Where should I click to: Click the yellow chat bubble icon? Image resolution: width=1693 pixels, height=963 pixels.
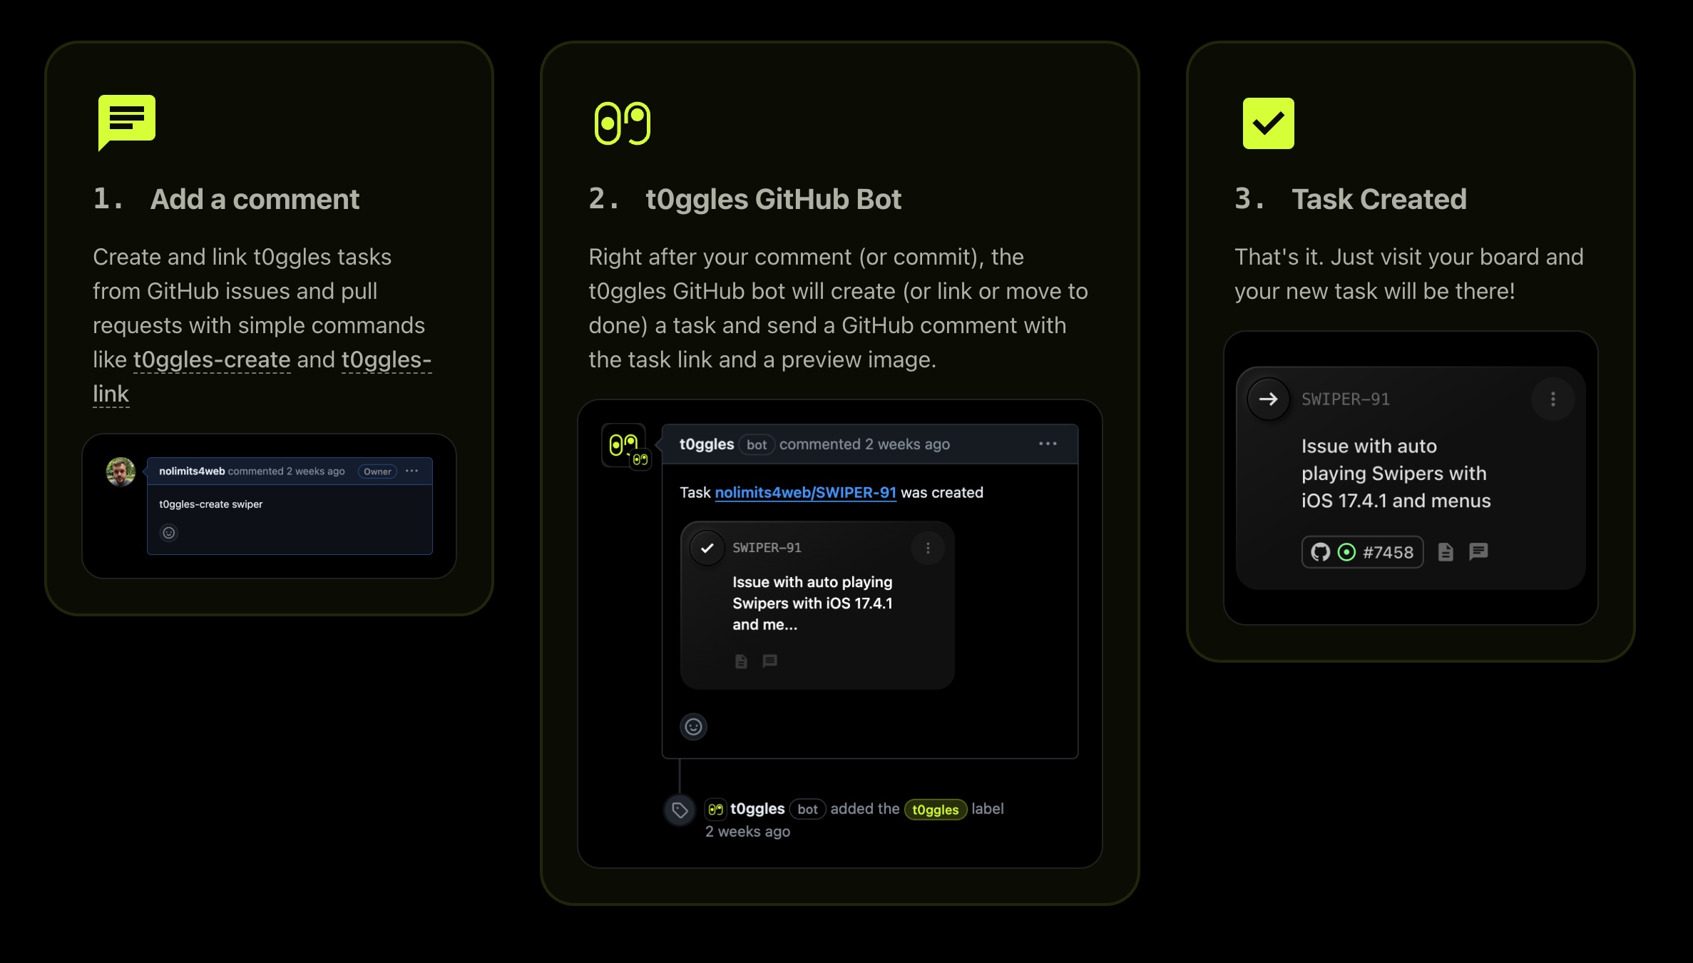pos(127,121)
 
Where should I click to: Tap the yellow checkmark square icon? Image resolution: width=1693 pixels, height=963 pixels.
pos(1268,123)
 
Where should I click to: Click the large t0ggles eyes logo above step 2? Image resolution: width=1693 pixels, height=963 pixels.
pos(623,123)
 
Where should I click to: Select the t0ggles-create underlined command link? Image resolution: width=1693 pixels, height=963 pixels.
pos(212,360)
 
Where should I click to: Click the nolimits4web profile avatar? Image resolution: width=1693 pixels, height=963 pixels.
pos(121,472)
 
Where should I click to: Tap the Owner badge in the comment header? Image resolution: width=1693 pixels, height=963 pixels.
pos(377,472)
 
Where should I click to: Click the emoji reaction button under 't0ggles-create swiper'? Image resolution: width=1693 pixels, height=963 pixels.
pos(169,533)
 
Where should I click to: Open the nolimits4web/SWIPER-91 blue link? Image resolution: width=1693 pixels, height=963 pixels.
pos(805,492)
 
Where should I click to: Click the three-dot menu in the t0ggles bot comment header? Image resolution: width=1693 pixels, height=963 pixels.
pos(1048,444)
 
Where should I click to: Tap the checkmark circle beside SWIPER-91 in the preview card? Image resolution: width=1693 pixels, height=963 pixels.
pos(707,548)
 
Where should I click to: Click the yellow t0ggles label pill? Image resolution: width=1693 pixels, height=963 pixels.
pos(935,810)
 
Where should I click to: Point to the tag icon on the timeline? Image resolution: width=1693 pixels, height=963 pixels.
pos(680,810)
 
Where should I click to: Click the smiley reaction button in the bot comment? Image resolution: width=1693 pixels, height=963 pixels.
pos(693,727)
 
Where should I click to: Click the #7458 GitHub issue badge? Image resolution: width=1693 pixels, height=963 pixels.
pos(1362,552)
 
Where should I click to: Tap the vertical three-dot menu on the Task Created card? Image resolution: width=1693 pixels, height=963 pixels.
pos(1553,399)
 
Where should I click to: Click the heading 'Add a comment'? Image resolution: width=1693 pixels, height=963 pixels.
pos(255,199)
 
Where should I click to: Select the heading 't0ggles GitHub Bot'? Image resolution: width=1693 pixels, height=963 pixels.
pos(773,199)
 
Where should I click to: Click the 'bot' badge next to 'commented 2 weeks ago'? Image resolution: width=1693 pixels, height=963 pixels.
pos(757,444)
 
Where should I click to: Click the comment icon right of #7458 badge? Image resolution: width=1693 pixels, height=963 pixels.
pos(1478,551)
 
